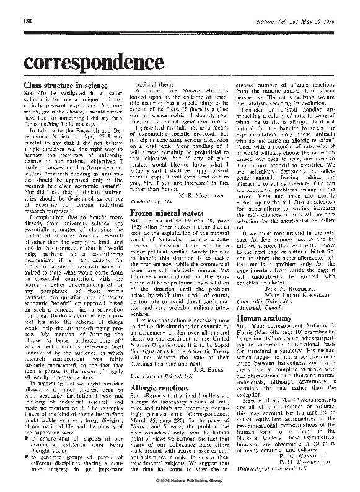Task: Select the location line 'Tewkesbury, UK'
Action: point(155,202)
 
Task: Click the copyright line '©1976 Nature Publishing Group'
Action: point(180,480)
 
